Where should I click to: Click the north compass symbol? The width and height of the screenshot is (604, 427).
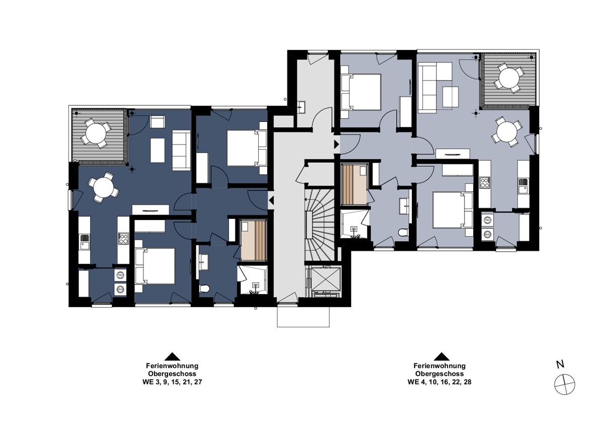(x=564, y=385)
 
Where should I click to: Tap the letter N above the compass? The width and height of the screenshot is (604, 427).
(x=560, y=365)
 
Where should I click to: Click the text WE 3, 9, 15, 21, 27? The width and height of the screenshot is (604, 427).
(x=172, y=382)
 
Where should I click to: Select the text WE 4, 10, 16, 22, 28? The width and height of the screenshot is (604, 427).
(x=439, y=382)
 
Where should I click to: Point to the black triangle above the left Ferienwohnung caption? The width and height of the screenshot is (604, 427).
(x=172, y=357)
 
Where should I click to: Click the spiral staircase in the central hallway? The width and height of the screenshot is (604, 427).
(x=319, y=225)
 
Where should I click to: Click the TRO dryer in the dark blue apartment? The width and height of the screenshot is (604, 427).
(x=120, y=275)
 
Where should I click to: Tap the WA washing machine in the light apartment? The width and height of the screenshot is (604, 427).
(x=487, y=235)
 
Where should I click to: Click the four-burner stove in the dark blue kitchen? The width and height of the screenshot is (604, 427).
(x=123, y=239)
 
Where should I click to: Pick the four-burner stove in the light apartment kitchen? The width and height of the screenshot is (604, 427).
(x=484, y=183)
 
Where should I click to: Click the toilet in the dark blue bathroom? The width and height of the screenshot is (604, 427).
(x=205, y=289)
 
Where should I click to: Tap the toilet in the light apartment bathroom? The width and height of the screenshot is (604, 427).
(x=403, y=232)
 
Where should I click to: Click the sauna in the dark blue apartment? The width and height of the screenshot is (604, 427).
(x=253, y=241)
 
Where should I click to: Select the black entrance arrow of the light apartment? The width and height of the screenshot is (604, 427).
(x=337, y=144)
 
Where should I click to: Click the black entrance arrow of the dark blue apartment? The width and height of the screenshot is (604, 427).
(x=271, y=200)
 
